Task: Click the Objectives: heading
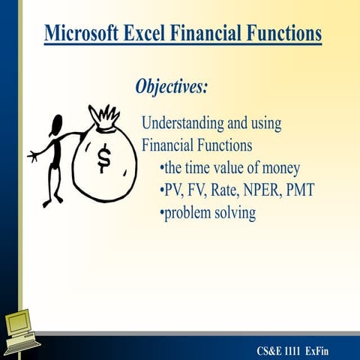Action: pyautogui.click(x=171, y=86)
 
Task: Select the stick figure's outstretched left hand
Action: pyautogui.click(x=31, y=156)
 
